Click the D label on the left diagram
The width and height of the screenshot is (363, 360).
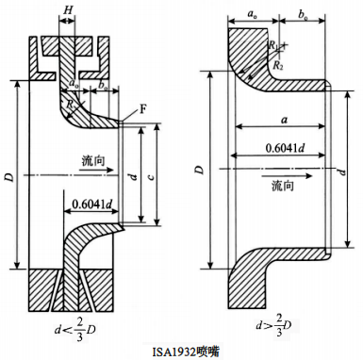[x=10, y=175]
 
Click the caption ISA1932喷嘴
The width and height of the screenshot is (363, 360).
[x=182, y=351]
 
